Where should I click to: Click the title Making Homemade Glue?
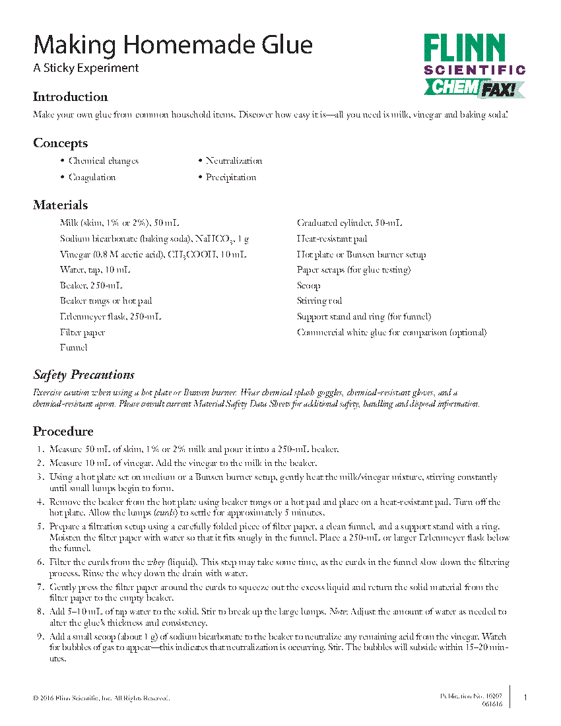tap(173, 45)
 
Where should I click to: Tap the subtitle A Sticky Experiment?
tap(86, 68)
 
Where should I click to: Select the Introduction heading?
tap(70, 97)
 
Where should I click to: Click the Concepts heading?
tap(60, 143)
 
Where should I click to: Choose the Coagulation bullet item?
tap(92, 178)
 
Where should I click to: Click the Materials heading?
tap(60, 205)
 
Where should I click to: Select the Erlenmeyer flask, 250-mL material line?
tap(110, 317)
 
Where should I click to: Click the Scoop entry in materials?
tap(308, 286)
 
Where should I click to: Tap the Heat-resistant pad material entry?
tap(332, 239)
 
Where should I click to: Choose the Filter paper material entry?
tap(82, 333)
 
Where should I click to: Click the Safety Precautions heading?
tap(84, 375)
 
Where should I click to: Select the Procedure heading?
tap(63, 432)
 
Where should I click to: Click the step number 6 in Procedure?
tap(40, 562)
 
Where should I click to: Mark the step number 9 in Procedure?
tap(40, 637)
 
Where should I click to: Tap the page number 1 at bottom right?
tap(525, 698)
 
